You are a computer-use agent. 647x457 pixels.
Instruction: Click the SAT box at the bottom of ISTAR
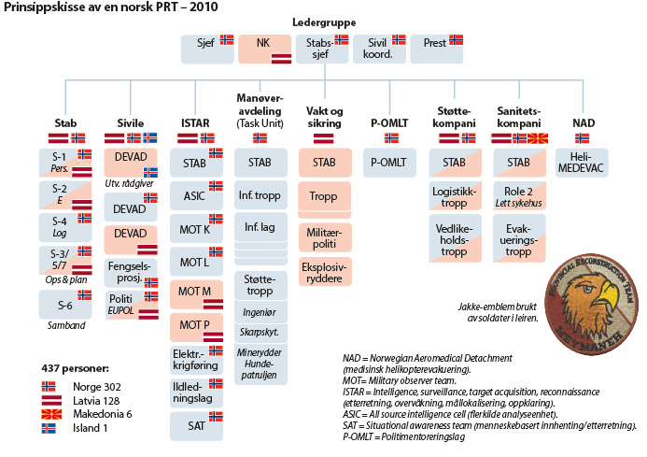tap(195, 425)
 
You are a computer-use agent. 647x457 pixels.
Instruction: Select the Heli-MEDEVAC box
tap(581, 162)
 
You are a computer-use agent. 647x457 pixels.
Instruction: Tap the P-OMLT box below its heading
tap(388, 162)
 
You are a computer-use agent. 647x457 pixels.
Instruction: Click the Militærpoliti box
tap(324, 237)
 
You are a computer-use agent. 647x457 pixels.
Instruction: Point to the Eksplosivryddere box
tap(324, 271)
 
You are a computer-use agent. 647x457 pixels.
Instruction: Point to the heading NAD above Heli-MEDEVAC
tap(582, 122)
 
